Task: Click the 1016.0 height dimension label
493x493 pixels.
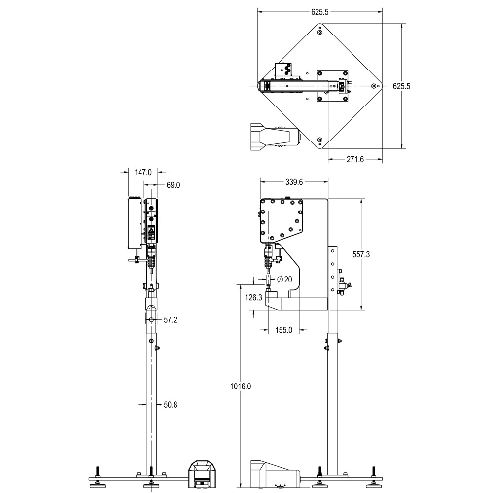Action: click(x=241, y=387)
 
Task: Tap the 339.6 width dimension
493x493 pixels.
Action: click(x=294, y=182)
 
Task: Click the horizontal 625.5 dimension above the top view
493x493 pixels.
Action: click(x=319, y=13)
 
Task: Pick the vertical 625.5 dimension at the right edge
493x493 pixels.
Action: click(x=401, y=86)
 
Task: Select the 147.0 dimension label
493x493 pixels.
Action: click(x=143, y=172)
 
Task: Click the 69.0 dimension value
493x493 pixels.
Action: click(x=174, y=185)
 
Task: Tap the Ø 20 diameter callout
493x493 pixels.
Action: click(x=284, y=280)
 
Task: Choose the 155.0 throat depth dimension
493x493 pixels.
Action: click(x=283, y=330)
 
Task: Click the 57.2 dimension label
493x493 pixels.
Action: click(x=171, y=320)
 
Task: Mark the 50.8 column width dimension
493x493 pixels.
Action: click(x=171, y=405)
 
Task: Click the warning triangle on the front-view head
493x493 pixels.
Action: click(x=151, y=229)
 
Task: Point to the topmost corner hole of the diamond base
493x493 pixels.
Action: click(x=320, y=32)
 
